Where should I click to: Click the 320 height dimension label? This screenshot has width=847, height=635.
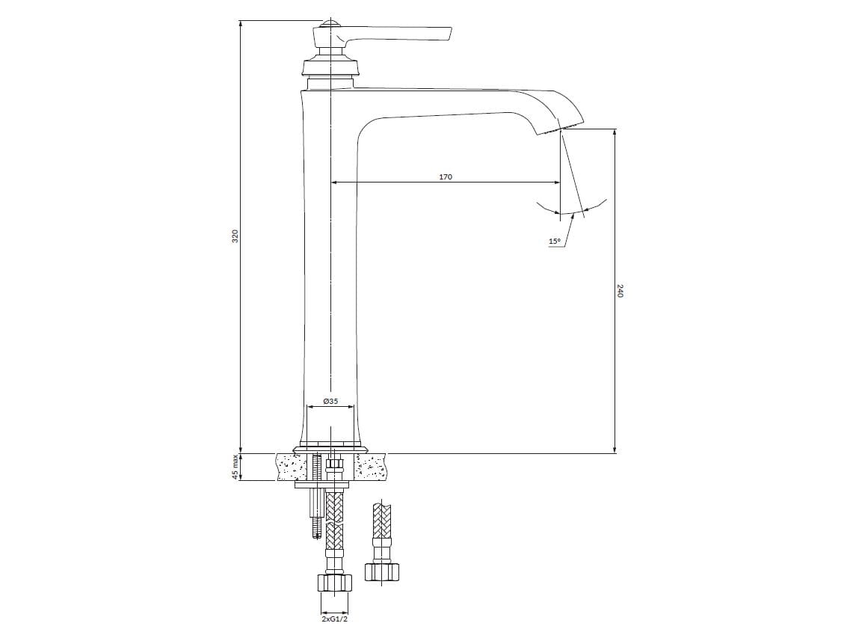[235, 236]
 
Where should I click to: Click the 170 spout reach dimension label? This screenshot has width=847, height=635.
[446, 177]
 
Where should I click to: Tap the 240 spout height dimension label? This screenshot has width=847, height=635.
[620, 291]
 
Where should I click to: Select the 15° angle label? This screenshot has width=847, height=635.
[555, 242]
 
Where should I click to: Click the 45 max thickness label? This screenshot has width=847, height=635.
[235, 467]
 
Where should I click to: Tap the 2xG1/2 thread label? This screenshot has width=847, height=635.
[334, 619]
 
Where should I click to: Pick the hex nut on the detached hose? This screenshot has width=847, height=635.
[382, 571]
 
